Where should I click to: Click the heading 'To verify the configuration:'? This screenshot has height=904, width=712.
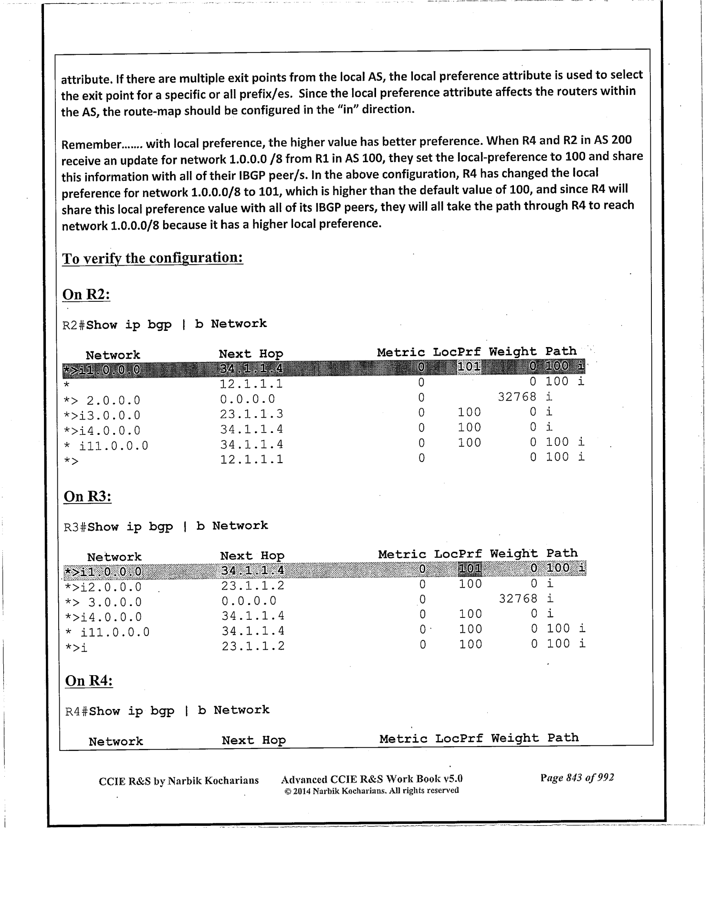pos(153,258)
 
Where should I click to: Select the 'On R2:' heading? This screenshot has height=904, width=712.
pos(86,295)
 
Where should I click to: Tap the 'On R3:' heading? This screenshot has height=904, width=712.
pos(87,496)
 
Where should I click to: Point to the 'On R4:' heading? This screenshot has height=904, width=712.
pos(89,680)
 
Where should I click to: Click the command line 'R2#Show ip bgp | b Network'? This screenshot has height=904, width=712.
pos(165,325)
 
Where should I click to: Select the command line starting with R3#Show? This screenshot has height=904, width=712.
pos(166,526)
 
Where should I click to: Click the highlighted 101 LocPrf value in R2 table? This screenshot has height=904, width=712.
pos(469,367)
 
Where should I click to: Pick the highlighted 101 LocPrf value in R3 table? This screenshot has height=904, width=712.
pos(470,568)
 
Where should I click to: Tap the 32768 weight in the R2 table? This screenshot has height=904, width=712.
pos(517,397)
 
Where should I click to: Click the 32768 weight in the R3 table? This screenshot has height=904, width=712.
pos(518,598)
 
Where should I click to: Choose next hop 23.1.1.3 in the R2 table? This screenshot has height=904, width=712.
pos(251,414)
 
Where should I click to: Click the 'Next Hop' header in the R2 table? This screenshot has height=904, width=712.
pos(251,354)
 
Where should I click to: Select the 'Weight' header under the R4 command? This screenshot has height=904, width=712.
pos(515,738)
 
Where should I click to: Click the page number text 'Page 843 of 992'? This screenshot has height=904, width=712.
pos(577,778)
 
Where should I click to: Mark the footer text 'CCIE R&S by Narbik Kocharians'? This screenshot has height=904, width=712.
pos(178,781)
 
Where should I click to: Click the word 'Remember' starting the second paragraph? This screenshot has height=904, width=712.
pos(91,144)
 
